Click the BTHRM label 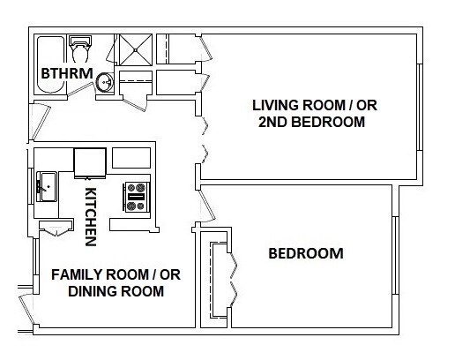[x=67, y=73]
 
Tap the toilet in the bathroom [x=79, y=49]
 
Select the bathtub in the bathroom [x=50, y=64]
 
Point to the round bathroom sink [x=104, y=82]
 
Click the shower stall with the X [x=136, y=50]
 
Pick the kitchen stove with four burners [x=136, y=197]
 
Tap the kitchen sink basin [x=47, y=187]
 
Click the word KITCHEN [x=91, y=216]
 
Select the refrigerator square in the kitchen [x=90, y=163]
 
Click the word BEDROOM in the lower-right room [x=306, y=253]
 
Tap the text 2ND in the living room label [x=272, y=122]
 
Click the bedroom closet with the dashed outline [x=219, y=280]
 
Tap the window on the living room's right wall [x=420, y=107]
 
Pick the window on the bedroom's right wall [x=396, y=255]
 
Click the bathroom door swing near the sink [x=80, y=89]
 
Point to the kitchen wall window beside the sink [x=31, y=186]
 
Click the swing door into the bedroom [x=207, y=206]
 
